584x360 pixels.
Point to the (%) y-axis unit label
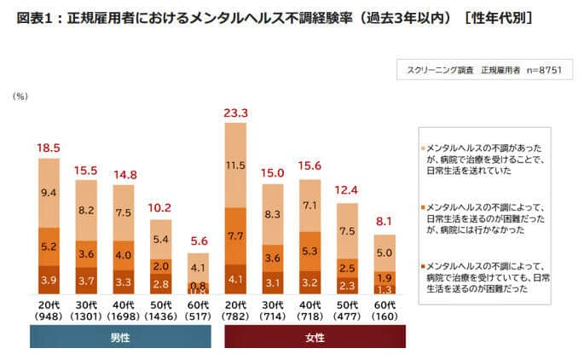tap(20, 97)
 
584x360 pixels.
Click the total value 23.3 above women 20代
tap(236, 113)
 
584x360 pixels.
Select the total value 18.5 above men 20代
tap(49, 148)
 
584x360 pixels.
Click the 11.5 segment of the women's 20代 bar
tap(236, 165)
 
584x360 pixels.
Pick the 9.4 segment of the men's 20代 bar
tap(49, 193)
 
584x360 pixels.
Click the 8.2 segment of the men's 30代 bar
tap(86, 209)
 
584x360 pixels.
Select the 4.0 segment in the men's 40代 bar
tap(124, 254)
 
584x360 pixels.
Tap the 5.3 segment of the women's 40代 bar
tap(310, 251)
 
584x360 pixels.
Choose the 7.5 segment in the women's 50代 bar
tap(347, 231)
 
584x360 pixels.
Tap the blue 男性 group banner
tap(121, 338)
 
